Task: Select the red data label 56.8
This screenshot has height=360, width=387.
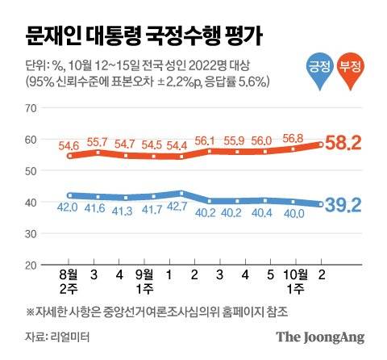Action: click(293, 137)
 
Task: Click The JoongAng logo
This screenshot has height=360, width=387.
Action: click(320, 337)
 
